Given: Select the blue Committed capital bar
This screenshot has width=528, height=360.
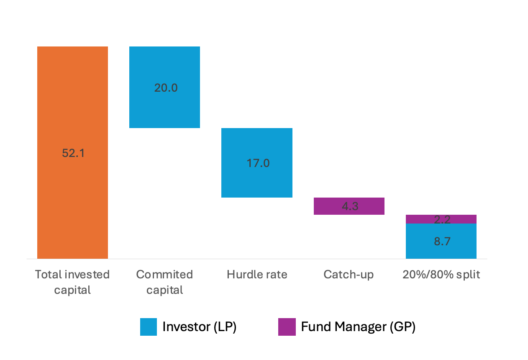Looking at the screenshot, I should pos(164,109).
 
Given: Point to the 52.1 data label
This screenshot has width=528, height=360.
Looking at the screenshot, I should pos(73,153).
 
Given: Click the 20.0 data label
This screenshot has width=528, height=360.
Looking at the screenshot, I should pos(166,88).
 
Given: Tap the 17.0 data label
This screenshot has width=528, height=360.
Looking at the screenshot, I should pos(258,163).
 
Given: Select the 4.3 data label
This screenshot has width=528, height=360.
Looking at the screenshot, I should pos(350,206).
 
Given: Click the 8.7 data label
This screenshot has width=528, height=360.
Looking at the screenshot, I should pos(442,242).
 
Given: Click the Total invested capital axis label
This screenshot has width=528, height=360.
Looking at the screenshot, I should pos(72,282).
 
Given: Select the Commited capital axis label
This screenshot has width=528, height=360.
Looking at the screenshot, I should pos(164,282).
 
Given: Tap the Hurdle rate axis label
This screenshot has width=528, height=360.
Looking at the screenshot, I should pos(257,275).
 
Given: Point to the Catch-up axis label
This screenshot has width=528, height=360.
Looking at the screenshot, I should pos(349,275).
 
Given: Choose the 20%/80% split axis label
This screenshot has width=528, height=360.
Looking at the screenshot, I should pos(441,275).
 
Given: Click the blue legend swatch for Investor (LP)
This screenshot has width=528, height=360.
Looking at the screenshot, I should pos(149,327).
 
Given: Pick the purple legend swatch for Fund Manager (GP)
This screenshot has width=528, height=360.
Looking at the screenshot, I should pos(287,327).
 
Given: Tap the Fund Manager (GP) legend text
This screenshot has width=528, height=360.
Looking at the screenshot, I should pos(358,327).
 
